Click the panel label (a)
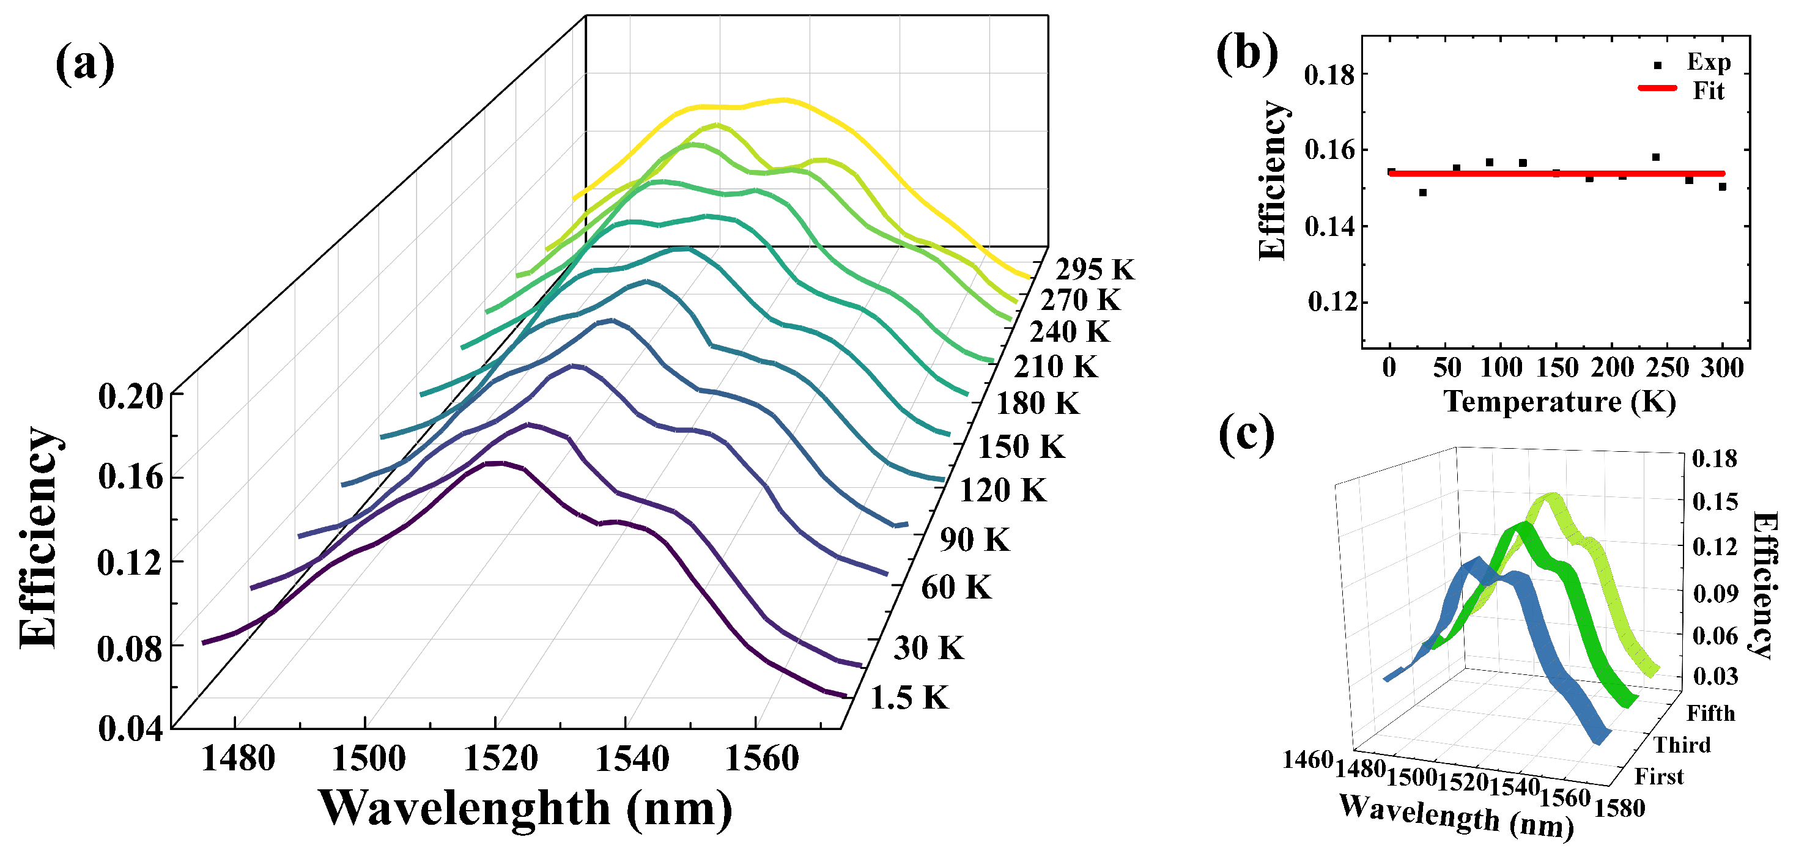click(84, 64)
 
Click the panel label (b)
click(1247, 54)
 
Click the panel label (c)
click(1247, 434)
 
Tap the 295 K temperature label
click(1095, 270)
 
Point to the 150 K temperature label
click(1021, 447)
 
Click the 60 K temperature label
click(956, 588)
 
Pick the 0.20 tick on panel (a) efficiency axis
click(130, 397)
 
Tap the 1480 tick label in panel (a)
click(238, 759)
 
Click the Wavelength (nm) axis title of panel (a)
click(526, 809)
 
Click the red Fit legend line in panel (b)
click(1657, 89)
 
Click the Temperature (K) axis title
click(1559, 402)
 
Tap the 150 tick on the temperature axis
click(1557, 368)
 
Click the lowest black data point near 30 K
click(1423, 193)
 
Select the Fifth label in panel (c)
click(1711, 713)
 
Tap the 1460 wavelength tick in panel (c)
click(1308, 760)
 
